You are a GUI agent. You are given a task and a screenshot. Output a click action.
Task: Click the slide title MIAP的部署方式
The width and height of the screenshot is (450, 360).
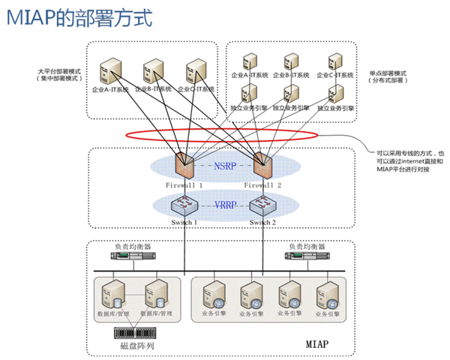click(79, 16)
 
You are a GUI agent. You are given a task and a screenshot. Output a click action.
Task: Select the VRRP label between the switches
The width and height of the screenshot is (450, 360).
click(223, 204)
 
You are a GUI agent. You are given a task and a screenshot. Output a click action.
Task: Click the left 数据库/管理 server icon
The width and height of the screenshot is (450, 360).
click(113, 295)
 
